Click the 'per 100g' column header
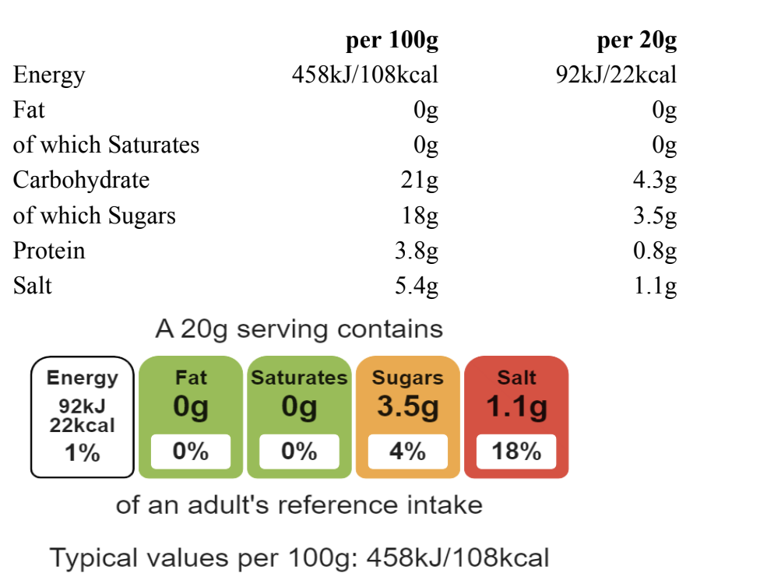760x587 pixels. click(392, 40)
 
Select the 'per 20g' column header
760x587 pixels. click(636, 40)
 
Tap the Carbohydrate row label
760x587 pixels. click(81, 180)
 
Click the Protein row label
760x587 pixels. click(49, 251)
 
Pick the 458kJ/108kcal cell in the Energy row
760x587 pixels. click(364, 75)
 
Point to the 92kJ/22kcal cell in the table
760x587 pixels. click(616, 75)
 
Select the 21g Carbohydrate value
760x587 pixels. click(419, 180)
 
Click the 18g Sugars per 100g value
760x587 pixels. click(420, 216)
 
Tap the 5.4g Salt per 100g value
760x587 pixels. click(417, 286)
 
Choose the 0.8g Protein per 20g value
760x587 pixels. click(655, 251)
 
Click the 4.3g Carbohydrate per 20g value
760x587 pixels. click(655, 180)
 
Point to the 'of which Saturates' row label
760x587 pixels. click(106, 145)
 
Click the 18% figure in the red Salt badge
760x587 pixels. click(516, 452)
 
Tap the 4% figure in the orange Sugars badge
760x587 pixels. click(407, 452)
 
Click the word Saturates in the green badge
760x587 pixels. click(299, 378)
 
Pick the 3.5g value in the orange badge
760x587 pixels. click(407, 406)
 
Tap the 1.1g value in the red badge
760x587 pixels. click(516, 406)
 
